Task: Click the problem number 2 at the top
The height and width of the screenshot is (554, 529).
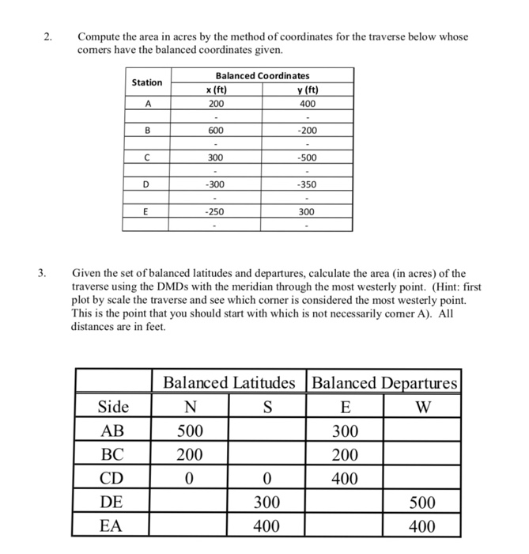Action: tap(47, 37)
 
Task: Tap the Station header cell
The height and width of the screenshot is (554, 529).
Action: tap(146, 82)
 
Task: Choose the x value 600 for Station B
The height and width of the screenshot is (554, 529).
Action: tap(215, 131)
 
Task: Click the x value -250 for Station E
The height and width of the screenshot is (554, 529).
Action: tap(215, 211)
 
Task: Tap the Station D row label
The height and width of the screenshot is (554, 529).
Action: tap(145, 184)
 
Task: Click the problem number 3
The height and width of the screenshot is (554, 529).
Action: tap(47, 274)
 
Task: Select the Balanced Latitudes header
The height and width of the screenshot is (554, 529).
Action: tap(229, 383)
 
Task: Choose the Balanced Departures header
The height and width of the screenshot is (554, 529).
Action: tap(385, 383)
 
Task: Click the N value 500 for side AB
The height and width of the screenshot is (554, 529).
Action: tap(190, 431)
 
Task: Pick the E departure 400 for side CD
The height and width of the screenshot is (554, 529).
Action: tap(346, 478)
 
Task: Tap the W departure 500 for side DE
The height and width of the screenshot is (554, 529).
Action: tap(422, 503)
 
